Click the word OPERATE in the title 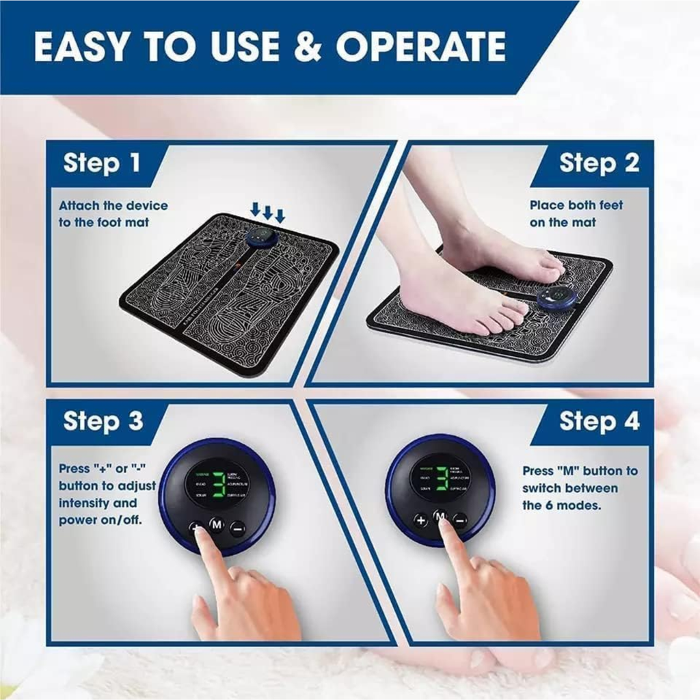[420, 46]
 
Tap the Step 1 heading [102, 163]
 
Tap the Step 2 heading [599, 163]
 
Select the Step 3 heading [103, 421]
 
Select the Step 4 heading [599, 421]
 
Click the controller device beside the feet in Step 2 [555, 298]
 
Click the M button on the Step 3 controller [217, 525]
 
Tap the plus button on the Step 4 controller [421, 520]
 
